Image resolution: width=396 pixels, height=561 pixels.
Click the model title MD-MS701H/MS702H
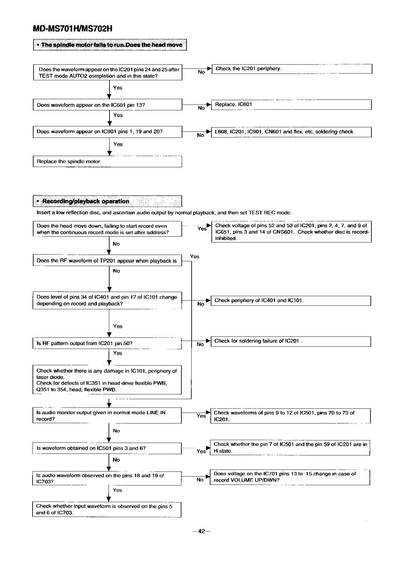73,28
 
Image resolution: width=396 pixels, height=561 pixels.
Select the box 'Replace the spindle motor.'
107,162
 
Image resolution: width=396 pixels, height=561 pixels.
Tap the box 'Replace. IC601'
291,105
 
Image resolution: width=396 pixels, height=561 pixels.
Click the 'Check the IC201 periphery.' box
292,69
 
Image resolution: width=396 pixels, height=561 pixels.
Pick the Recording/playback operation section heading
107,201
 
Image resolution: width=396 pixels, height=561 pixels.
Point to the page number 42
201,531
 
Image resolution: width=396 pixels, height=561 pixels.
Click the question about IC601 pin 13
107,105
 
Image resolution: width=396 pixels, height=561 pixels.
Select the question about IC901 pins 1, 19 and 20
107,132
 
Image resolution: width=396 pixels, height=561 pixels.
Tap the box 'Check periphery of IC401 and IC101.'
291,301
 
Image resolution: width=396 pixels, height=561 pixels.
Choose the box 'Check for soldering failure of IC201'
291,341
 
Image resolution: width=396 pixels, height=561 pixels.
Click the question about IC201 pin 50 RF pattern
107,344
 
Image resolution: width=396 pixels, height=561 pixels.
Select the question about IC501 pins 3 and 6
107,448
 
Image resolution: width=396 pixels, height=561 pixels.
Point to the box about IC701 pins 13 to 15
290,477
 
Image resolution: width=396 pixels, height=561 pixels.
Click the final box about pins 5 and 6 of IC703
107,510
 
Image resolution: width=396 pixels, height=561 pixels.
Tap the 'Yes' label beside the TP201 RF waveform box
194,257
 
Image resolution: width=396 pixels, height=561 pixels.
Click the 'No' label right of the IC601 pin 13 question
201,108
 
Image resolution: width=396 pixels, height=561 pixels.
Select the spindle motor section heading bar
110,45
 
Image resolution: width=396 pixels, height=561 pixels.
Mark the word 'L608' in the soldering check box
220,132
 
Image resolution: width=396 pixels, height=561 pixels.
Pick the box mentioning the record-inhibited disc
291,232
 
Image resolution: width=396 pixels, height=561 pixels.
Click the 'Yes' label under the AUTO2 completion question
118,88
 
